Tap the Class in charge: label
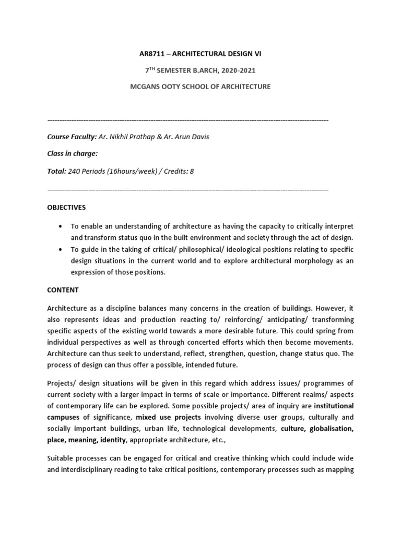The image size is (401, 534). pos(73,154)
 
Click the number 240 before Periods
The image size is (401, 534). pos(75,171)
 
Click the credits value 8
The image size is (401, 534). pos(192,171)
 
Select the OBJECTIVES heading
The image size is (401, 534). pos(66,207)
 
